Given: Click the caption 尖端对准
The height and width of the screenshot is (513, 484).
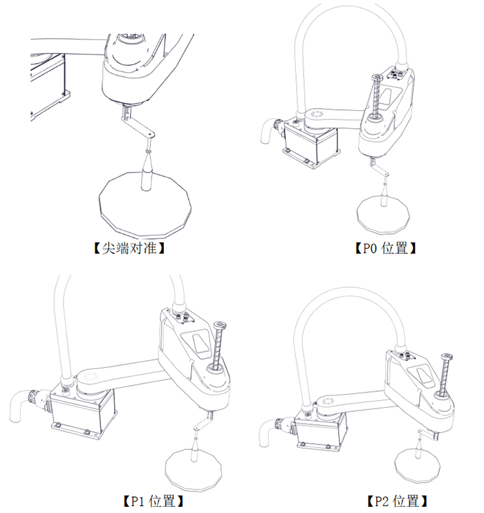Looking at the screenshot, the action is point(129,249).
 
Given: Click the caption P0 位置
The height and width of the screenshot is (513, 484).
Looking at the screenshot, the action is point(385,249).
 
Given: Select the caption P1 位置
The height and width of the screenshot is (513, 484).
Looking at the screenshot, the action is point(153,501).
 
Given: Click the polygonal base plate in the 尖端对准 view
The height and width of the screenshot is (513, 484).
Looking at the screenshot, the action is point(145,204).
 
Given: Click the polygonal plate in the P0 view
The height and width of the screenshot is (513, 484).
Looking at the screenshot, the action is point(382,215).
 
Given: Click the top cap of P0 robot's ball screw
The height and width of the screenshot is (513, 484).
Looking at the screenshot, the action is point(377,78).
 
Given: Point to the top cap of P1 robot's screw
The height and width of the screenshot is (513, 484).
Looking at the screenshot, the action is point(220,325).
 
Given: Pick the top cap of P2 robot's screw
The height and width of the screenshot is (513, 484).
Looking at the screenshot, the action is point(447,356).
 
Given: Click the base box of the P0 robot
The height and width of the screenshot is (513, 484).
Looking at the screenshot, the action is point(310,144).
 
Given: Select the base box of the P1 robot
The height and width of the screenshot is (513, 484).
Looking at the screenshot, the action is point(82,411).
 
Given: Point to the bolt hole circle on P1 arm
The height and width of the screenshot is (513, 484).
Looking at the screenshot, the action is point(89,377).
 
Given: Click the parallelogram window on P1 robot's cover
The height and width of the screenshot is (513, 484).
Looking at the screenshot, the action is point(201,343).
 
